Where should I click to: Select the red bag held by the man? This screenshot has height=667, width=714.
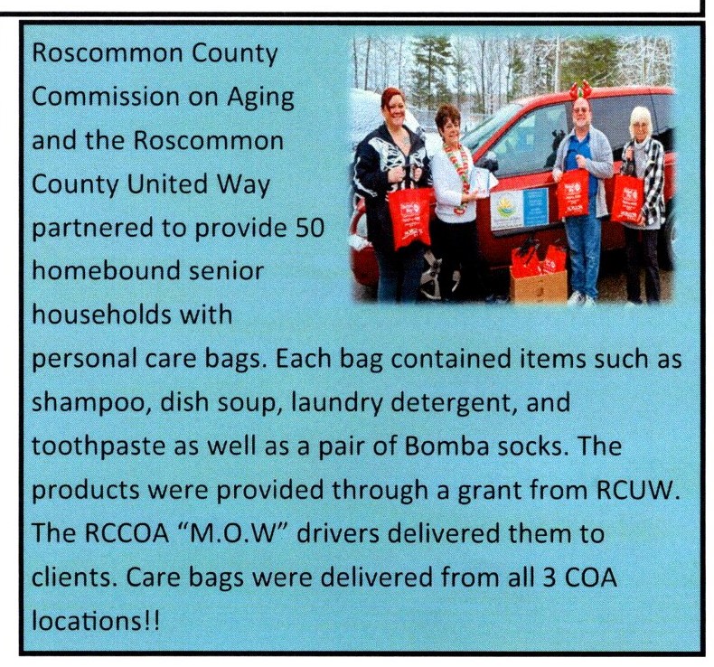click(x=572, y=193)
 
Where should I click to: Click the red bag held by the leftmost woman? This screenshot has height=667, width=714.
click(x=412, y=216)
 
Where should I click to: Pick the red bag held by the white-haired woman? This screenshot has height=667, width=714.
click(x=625, y=198)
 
